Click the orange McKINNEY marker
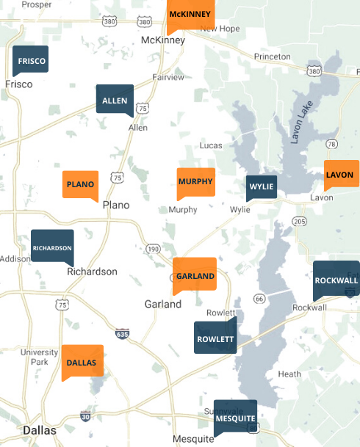[x=190, y=15]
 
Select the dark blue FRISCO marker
[x=31, y=60]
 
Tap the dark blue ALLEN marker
[x=115, y=100]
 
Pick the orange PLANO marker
[x=80, y=184]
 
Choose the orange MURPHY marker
[x=195, y=181]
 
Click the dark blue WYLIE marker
[x=262, y=186]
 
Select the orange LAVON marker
[x=339, y=175]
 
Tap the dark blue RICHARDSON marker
[x=52, y=247]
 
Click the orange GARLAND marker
[x=195, y=275]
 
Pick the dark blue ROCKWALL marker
[x=336, y=280]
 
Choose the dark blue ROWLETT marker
[x=215, y=338]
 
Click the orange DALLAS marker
[x=82, y=362]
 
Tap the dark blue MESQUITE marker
[x=235, y=418]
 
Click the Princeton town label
[x=272, y=57]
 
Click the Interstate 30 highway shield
[x=86, y=417]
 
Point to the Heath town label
[x=289, y=374]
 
